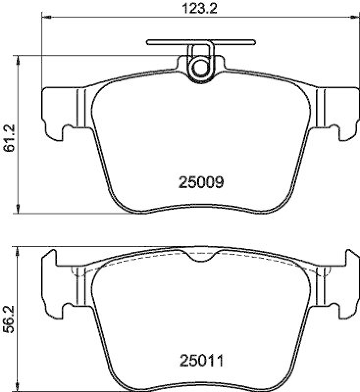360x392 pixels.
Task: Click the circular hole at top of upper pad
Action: [200, 67]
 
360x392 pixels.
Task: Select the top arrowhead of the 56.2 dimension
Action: [18, 251]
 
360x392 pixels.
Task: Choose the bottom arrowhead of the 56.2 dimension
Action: [18, 387]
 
